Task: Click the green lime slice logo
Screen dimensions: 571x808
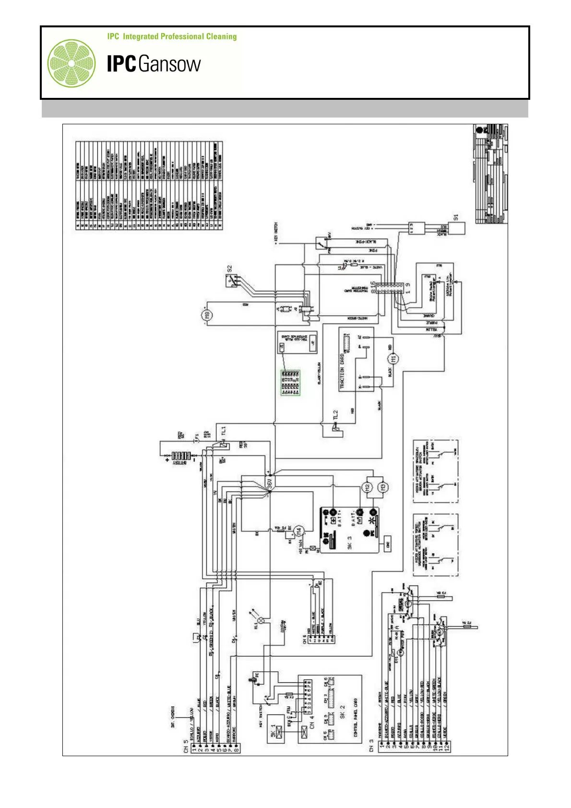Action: [71, 63]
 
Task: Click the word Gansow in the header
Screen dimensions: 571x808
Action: [170, 64]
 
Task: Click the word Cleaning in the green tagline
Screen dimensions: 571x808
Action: [221, 36]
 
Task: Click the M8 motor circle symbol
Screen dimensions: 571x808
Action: [207, 315]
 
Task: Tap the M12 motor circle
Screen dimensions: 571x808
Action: [368, 487]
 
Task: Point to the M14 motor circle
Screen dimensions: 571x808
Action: [299, 531]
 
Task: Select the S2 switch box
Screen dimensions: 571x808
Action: [233, 280]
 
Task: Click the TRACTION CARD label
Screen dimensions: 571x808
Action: [342, 371]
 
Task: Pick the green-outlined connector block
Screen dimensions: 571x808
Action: [290, 382]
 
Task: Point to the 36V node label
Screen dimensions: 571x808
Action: [270, 483]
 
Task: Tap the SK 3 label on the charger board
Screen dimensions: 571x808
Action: [350, 543]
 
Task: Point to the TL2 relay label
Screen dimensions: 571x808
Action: [336, 415]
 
